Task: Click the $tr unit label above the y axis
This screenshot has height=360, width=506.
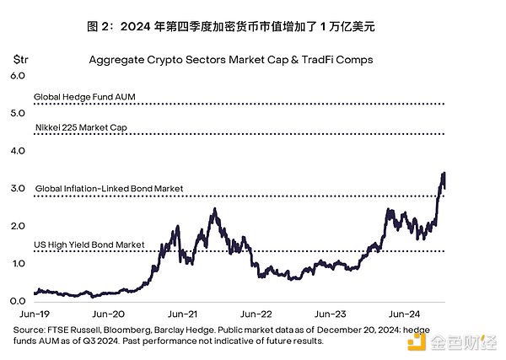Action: click(20, 60)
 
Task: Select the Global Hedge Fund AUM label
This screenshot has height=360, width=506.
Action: click(84, 98)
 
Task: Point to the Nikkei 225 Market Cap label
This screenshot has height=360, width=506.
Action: click(83, 128)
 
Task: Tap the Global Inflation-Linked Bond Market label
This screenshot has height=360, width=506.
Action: click(109, 188)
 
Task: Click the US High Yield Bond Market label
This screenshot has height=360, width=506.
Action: click(89, 245)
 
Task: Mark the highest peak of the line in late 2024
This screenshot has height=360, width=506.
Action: click(444, 174)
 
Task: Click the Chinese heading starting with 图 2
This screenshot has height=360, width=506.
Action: click(252, 27)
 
